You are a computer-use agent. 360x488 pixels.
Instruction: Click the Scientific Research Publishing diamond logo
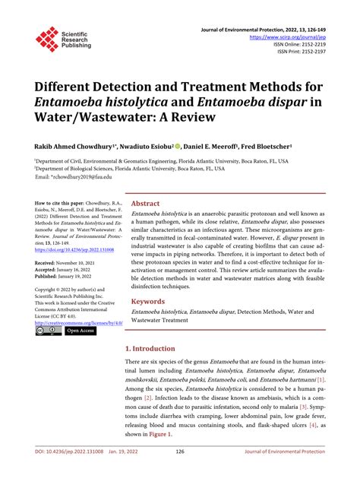[46, 38]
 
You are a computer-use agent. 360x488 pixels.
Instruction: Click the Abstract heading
[145, 204]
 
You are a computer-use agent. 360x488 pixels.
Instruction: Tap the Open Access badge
[80, 331]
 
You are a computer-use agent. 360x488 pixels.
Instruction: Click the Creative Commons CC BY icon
[49, 331]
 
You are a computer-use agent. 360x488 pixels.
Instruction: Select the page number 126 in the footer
[180, 472]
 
